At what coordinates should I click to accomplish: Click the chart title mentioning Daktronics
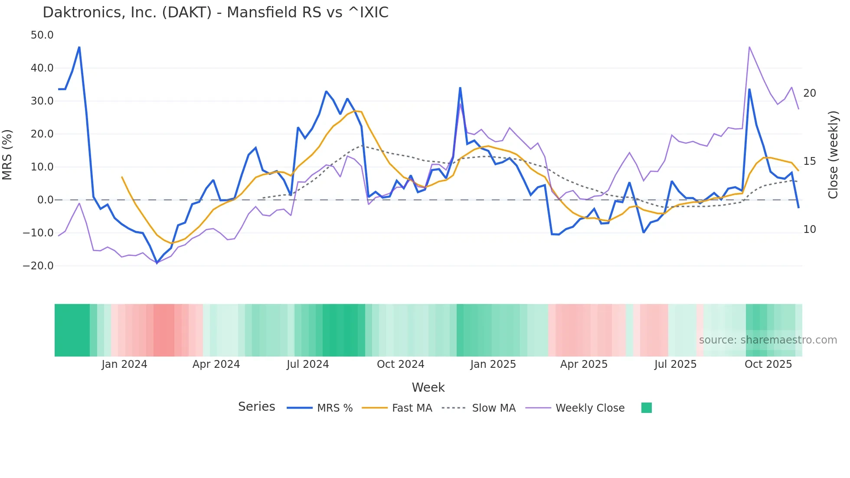coord(216,13)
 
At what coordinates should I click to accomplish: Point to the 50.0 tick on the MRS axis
coord(42,35)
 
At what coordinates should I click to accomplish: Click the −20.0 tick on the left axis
coord(38,266)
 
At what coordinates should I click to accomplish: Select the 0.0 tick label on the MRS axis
coord(45,200)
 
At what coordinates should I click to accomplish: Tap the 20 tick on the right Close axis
coord(809,93)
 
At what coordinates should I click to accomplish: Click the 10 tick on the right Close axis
coord(809,229)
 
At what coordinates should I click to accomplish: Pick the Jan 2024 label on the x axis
coord(124,364)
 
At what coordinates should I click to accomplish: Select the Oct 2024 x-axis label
coord(400,364)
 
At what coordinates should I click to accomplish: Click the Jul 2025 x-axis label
coord(675,364)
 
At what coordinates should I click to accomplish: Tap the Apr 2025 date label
coord(584,364)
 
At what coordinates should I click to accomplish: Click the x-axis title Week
coord(428,387)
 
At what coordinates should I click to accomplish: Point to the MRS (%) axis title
coord(7,154)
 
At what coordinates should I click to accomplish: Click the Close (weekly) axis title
coord(833,155)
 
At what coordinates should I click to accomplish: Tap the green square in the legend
coord(646,408)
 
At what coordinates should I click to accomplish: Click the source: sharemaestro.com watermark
coord(768,340)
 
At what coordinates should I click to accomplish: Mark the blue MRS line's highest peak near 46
coord(79,47)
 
